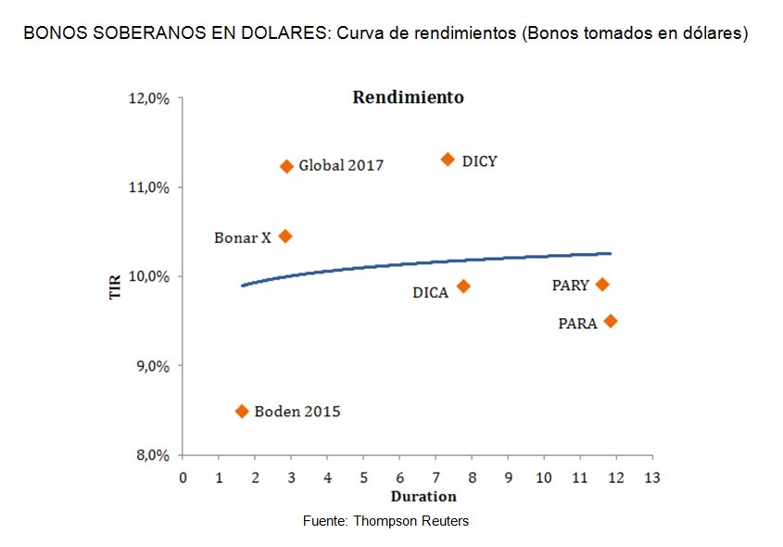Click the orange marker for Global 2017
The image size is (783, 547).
(x=286, y=166)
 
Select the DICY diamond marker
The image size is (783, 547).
(x=448, y=159)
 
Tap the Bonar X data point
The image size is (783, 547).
(x=285, y=236)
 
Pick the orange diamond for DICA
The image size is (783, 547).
(x=463, y=286)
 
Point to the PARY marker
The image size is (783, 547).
(x=602, y=285)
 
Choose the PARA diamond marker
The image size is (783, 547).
(x=611, y=321)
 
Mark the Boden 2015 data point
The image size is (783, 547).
(x=242, y=411)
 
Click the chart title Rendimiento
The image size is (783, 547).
(x=408, y=97)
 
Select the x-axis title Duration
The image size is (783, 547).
(x=417, y=497)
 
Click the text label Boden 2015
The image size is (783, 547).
(x=297, y=412)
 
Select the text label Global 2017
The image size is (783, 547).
(x=341, y=166)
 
